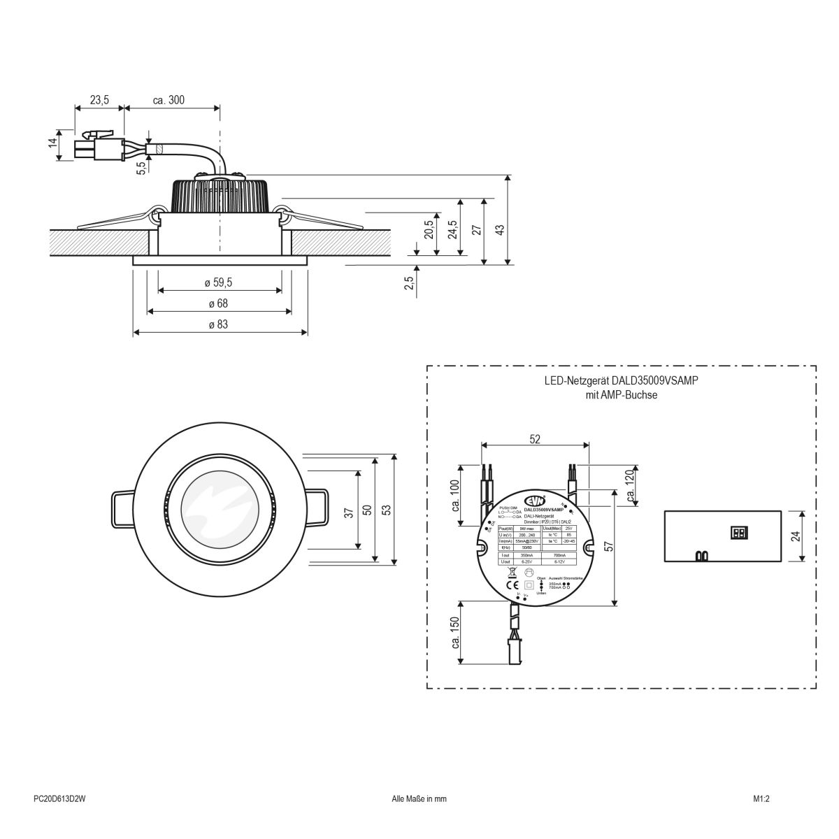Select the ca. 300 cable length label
coord(168,100)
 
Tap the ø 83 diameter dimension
coord(217,324)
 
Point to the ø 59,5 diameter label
coord(218,282)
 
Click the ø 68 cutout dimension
coord(217,303)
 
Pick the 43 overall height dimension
coord(499,231)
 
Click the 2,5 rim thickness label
coord(409,282)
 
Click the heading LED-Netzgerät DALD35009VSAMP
coord(622,382)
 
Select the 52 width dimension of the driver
coord(535,438)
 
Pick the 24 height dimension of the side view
coord(794,536)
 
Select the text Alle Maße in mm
coord(419,797)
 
